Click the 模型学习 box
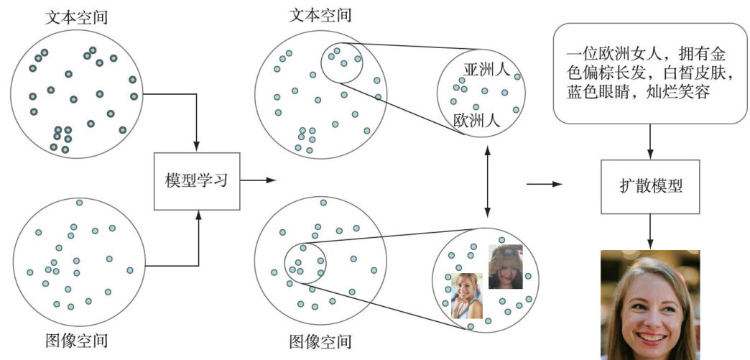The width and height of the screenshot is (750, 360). point(196,180)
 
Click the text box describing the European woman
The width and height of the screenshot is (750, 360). point(649,73)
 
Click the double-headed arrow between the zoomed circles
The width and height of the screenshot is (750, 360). point(489,180)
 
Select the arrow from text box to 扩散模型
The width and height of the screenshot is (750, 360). point(651,141)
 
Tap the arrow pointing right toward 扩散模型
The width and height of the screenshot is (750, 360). point(545,185)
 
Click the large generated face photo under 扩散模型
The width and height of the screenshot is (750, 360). point(649,305)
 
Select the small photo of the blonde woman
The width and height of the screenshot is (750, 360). point(466,295)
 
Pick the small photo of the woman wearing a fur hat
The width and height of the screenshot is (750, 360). point(504,266)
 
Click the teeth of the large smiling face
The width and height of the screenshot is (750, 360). point(651,336)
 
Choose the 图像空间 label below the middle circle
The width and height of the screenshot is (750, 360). point(320,341)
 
